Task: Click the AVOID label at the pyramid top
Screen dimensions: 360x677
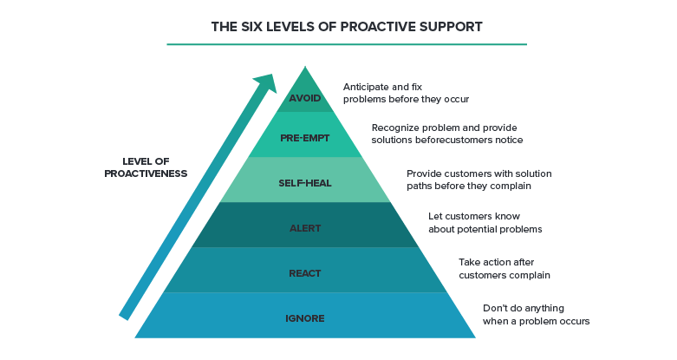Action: pos(305,97)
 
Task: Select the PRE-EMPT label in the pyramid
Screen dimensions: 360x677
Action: pos(305,138)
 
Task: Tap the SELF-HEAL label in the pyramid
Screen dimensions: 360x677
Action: pos(305,183)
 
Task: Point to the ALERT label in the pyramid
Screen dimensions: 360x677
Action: pos(305,228)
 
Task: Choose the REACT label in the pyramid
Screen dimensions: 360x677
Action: pos(305,273)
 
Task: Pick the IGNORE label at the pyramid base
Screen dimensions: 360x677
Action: pos(305,318)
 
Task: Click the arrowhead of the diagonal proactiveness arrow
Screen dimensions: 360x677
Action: pos(266,83)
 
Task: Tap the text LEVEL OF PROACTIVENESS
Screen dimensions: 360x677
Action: pos(146,167)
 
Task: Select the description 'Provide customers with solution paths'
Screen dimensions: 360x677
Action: pos(479,180)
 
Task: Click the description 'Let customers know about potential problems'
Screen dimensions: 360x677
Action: pos(485,222)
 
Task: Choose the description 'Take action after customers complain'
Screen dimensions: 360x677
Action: pos(504,268)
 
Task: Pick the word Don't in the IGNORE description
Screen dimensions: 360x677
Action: pos(497,308)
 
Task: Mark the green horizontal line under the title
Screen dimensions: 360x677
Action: pos(347,44)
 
